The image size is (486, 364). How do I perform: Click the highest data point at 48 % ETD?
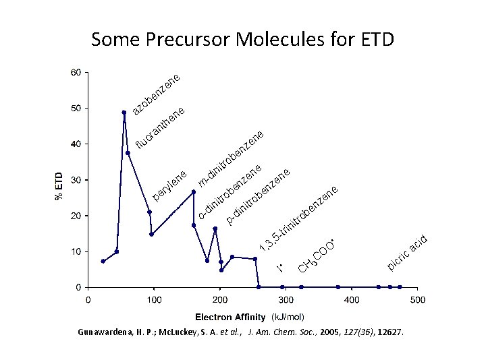[124, 113]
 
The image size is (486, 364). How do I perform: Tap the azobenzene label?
[156, 94]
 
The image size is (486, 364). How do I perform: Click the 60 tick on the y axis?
[76, 72]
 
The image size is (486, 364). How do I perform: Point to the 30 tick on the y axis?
[76, 180]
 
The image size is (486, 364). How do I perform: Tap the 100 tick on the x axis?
[154, 299]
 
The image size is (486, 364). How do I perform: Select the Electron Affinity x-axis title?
[232, 316]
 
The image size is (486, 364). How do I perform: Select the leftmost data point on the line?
[103, 261]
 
